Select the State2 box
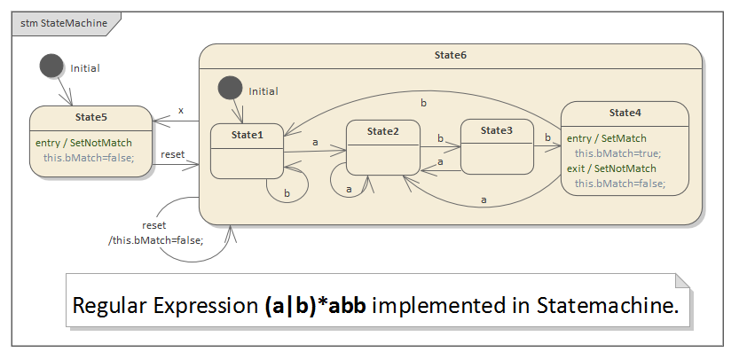(382, 147)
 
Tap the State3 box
(497, 146)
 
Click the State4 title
(625, 113)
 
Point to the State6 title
(451, 55)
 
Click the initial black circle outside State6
(51, 67)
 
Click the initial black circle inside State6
(230, 89)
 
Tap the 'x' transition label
(181, 111)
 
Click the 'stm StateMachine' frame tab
(59, 24)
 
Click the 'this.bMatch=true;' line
(617, 153)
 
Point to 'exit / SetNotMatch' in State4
(611, 168)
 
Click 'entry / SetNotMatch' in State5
(83, 143)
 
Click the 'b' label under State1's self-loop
(287, 193)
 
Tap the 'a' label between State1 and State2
(315, 141)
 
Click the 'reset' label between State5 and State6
(173, 154)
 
